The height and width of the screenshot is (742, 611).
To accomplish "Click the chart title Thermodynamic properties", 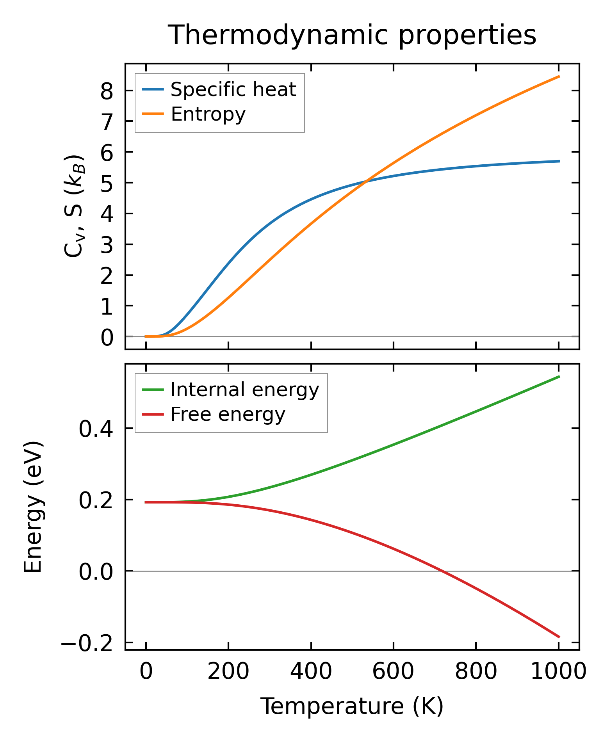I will pos(352,35).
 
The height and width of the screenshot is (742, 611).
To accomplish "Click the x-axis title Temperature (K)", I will pos(352,706).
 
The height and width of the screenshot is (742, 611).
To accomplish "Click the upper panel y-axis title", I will pos(74,206).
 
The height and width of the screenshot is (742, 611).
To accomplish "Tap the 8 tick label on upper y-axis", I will pos(107,91).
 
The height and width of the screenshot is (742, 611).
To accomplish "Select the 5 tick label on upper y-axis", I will pos(107,183).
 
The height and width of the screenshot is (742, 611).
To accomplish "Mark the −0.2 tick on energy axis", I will pos(87,643).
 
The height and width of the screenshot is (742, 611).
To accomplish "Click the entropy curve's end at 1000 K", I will pos(559,77).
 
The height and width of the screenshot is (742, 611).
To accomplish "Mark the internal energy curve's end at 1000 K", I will pos(559,377).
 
